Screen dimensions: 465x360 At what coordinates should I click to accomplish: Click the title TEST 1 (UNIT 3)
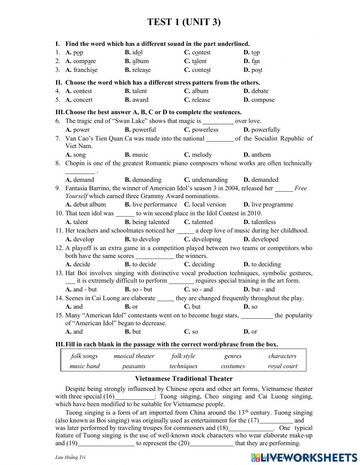point(184,22)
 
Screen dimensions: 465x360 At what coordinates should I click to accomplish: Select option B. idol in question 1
point(134,53)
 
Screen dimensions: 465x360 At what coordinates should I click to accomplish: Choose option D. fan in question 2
point(251,61)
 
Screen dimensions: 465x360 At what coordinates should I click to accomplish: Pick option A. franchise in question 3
point(81,70)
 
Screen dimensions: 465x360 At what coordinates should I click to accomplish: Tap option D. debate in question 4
point(256,91)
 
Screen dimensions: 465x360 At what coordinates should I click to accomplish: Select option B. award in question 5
point(136,100)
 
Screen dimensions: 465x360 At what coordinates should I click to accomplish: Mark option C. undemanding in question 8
point(206,180)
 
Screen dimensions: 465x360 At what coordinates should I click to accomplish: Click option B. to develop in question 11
point(142,240)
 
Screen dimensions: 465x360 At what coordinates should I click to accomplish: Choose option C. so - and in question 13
point(198,289)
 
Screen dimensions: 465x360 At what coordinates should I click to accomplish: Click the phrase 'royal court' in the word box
point(282,366)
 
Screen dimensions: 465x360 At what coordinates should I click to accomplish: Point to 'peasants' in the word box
point(134,366)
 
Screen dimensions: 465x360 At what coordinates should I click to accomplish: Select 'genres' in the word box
point(233,356)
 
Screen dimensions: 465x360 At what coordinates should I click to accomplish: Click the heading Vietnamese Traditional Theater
point(184,379)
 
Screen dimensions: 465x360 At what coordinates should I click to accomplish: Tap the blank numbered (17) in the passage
point(276,420)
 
